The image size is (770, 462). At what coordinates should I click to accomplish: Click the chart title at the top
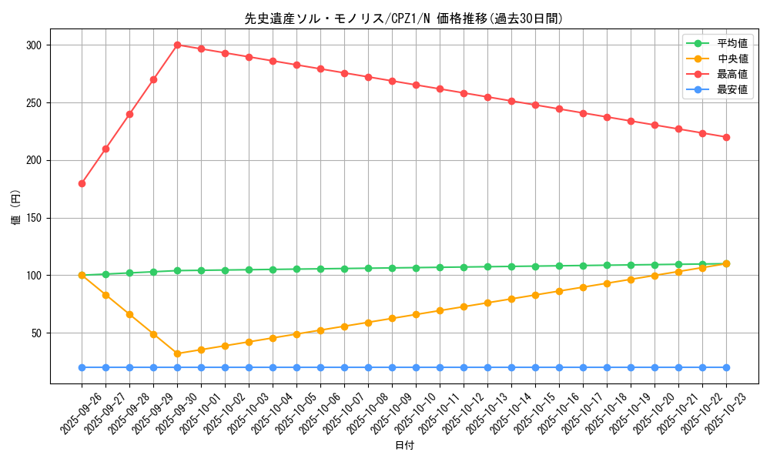coord(403,18)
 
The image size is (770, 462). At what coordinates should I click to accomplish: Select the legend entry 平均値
coord(732,43)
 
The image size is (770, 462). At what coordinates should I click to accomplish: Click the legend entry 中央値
coord(732,59)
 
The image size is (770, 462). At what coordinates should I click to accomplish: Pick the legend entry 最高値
coord(732,74)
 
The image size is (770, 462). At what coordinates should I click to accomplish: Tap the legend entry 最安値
coord(732,89)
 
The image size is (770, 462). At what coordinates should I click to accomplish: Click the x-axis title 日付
coord(403,446)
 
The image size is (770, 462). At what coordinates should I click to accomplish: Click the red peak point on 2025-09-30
coord(177,45)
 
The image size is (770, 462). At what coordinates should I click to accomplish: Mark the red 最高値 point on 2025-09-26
coord(82,183)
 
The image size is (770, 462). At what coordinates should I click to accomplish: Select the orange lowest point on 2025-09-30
coord(177,354)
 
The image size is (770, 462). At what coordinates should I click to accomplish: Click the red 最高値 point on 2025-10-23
coord(726,137)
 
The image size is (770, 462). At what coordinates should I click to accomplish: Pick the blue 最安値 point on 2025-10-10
coord(416,367)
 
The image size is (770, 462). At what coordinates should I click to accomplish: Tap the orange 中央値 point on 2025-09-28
coord(129,314)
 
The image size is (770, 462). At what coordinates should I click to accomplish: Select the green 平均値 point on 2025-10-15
coord(535,266)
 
